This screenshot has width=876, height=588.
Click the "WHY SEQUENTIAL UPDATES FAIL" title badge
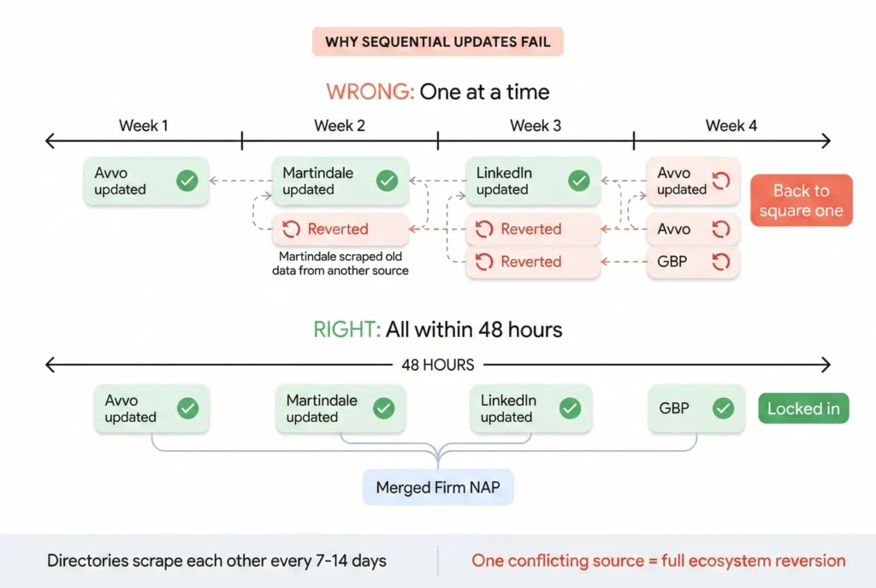coord(437,42)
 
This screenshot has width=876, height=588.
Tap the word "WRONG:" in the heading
coord(370,92)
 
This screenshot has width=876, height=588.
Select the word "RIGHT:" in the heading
coord(347,330)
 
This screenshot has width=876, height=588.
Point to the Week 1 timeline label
coord(144,126)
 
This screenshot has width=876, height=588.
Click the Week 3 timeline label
coord(536,126)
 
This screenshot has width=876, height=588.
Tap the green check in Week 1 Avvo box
coord(186,181)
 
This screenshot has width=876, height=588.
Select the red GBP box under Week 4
coord(692,262)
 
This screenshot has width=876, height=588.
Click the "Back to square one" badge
coord(801,200)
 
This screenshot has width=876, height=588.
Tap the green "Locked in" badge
coord(803,408)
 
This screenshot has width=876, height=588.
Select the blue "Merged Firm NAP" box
coord(438,488)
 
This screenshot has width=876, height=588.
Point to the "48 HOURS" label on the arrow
coord(437,365)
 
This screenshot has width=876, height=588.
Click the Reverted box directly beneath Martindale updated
coord(340,229)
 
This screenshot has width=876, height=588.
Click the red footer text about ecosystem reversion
coord(658,561)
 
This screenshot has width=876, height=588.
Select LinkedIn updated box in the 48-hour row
coord(530,408)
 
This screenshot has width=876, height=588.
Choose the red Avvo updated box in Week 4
coord(692,181)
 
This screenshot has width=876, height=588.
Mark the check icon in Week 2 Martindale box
coord(387,181)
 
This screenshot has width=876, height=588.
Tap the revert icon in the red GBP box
coord(720,262)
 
